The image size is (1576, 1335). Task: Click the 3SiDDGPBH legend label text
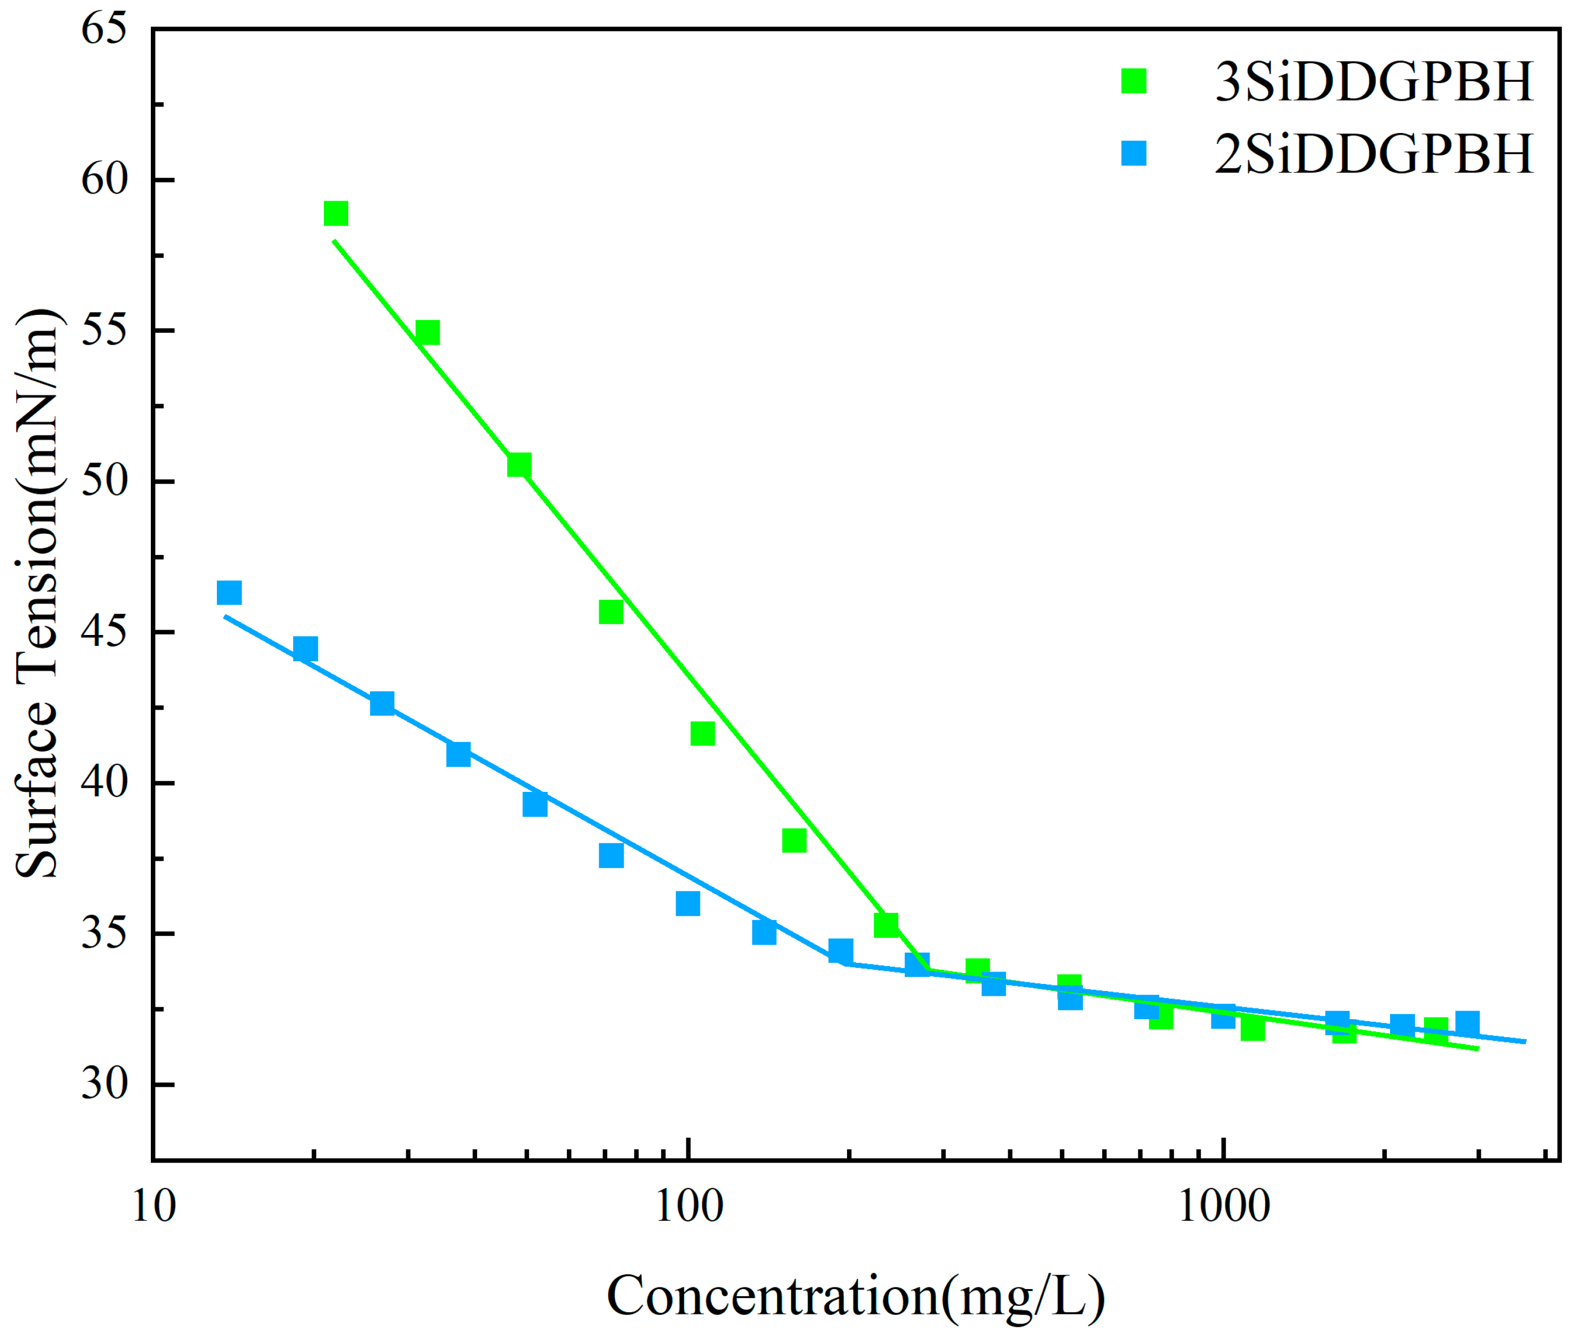[1373, 81]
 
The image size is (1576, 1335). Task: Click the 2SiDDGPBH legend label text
[1373, 154]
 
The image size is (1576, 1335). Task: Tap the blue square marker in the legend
[1134, 154]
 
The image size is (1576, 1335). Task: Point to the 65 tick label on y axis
[104, 30]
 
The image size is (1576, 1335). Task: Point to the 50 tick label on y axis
[104, 481]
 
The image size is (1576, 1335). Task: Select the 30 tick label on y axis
[104, 1084]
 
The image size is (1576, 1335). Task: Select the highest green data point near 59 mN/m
[336, 214]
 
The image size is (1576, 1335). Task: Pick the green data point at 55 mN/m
[427, 332]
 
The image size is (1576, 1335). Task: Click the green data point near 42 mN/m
[702, 733]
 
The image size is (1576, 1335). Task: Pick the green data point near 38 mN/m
[793, 840]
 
